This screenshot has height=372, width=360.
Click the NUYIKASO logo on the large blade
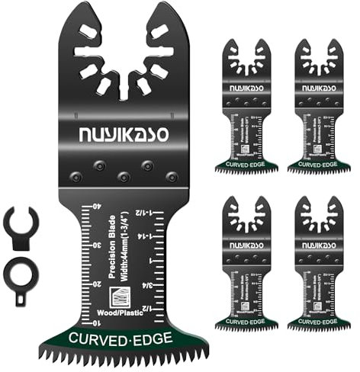[x=124, y=134]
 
